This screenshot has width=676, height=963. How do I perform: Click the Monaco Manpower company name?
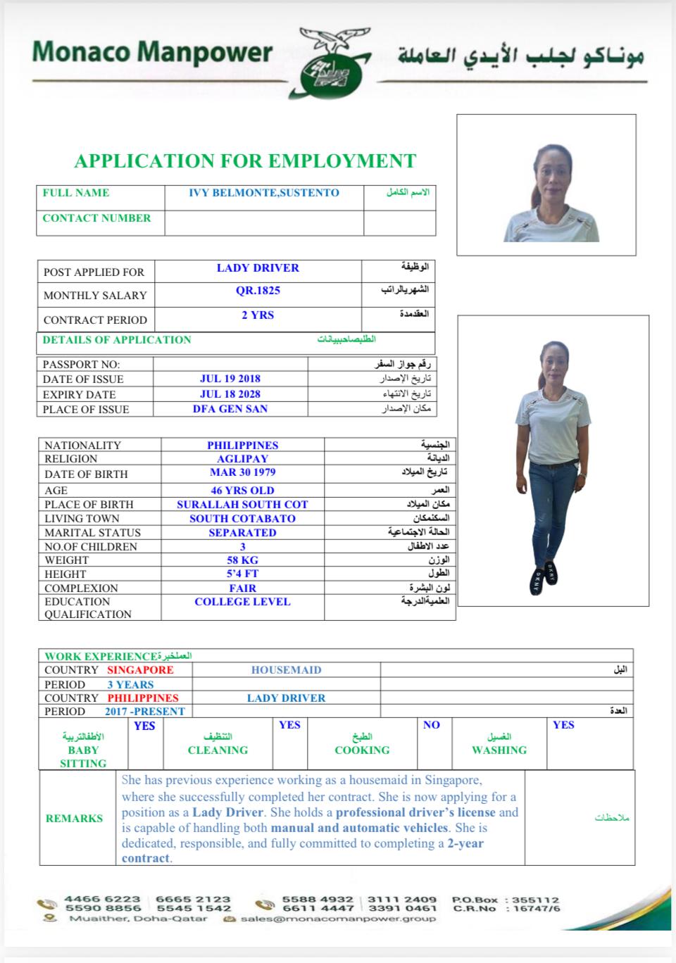pos(152,51)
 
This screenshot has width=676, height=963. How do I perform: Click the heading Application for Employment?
pos(245,160)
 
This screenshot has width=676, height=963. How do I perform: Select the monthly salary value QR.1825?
pos(258,290)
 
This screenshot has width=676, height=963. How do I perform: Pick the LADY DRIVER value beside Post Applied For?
pos(258,267)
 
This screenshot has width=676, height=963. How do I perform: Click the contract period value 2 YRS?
pos(258,315)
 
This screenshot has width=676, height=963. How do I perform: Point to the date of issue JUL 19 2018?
pos(230,379)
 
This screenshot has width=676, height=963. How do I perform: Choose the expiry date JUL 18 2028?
pos(230,394)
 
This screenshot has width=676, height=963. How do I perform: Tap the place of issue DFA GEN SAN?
pos(230,408)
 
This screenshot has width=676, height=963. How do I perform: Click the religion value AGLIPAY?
pos(242,458)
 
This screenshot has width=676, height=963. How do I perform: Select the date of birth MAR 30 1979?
pos(242,472)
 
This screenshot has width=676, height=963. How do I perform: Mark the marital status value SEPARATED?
pos(242,532)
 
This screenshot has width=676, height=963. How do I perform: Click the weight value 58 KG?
pos(242,560)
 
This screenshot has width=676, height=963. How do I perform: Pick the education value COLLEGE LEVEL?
pos(242,602)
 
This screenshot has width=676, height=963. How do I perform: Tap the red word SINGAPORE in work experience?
pos(140,670)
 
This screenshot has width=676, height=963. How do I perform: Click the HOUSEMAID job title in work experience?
pos(286,670)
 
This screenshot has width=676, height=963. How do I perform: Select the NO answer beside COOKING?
pos(432,725)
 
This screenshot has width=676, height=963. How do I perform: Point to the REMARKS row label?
pos(74,818)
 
